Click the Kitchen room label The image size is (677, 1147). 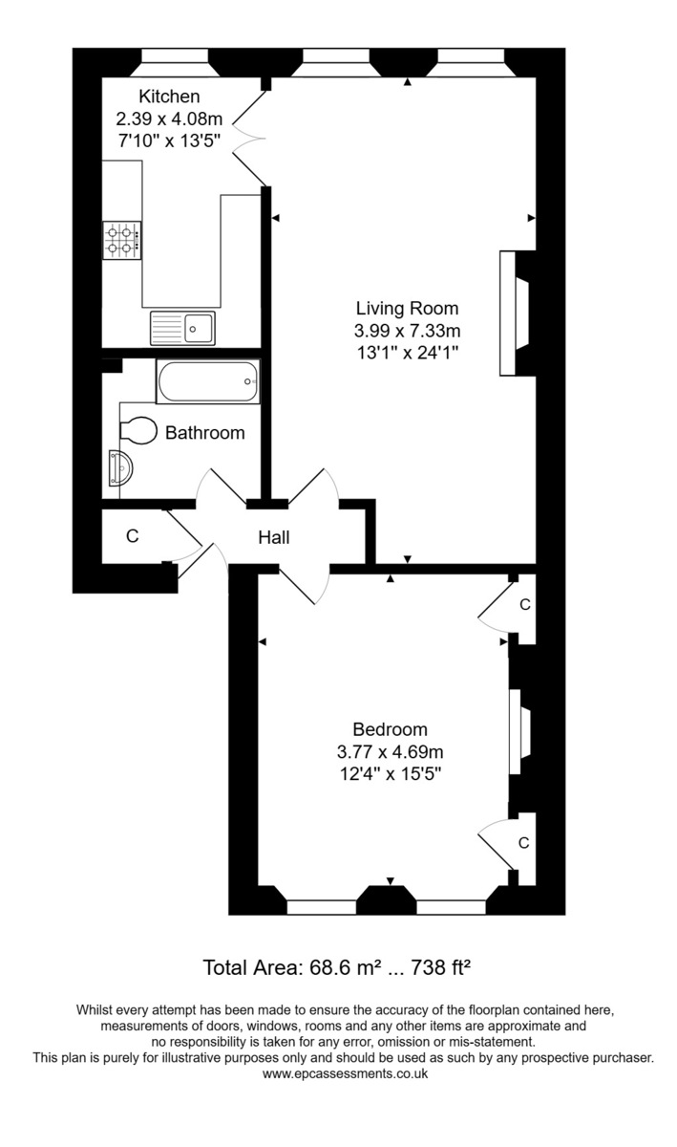[x=169, y=97]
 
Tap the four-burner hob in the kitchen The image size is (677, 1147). [x=122, y=241]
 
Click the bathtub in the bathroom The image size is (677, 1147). [x=208, y=382]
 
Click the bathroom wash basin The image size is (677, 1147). [x=122, y=469]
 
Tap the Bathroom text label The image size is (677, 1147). [x=204, y=433]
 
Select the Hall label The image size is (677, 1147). [x=273, y=538]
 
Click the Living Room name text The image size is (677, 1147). [x=407, y=309]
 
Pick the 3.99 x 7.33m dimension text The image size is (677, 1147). [x=407, y=331]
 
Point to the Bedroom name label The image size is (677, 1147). [x=390, y=729]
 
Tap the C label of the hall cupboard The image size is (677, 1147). [x=133, y=537]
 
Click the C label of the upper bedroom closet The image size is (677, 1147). [x=523, y=605]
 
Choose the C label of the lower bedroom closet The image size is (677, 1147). [x=523, y=843]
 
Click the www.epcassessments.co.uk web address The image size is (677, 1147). [x=345, y=1073]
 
